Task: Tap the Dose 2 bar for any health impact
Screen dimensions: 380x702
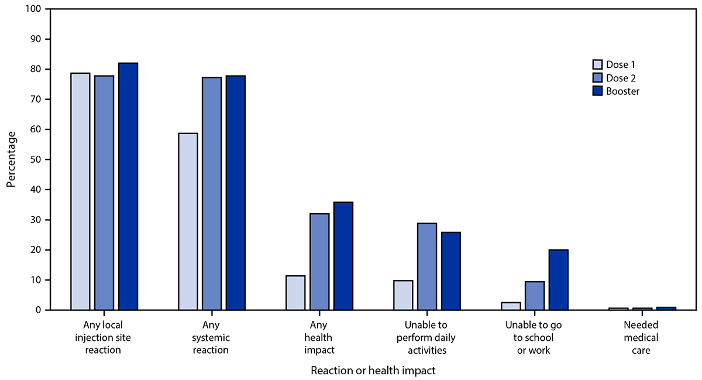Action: pos(319,262)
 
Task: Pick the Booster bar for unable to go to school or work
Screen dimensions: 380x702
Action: pos(558,280)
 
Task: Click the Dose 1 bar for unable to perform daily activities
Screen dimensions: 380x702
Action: pos(403,295)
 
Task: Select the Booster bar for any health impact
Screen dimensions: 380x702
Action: pos(343,256)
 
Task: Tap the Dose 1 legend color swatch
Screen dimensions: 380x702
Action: pos(597,64)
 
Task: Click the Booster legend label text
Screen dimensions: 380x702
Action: pos(623,91)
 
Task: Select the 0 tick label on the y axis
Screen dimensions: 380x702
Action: pos(40,310)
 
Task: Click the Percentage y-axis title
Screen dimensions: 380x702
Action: pos(12,159)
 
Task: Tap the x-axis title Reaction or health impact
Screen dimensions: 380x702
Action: pos(373,371)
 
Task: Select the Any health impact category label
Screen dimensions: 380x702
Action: pos(319,338)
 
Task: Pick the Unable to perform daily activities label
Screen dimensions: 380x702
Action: pos(426,338)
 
